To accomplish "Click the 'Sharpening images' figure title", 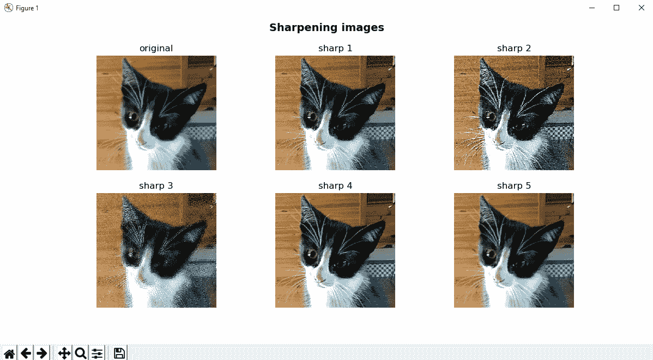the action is coord(326,27).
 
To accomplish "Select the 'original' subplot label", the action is coord(156,49).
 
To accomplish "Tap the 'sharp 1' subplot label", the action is coord(335,49).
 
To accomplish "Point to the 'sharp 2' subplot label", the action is coord(514,49).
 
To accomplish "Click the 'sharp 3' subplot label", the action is coord(156,186).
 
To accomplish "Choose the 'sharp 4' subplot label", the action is coord(335,186).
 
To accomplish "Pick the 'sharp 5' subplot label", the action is coord(514,186).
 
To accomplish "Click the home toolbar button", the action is coord(9,353).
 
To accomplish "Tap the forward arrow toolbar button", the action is coord(41,353).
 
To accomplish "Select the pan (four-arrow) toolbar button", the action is coord(64,353).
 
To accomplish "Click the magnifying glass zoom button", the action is coord(80,353).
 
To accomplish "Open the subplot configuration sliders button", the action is coord(97,353).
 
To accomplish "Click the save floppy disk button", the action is coord(119,353).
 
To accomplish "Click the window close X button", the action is coord(642,8).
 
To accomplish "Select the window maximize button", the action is coord(616,8).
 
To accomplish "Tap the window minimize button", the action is coord(592,8).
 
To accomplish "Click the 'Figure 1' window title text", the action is coord(27,8).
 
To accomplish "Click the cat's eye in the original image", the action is coord(133,116).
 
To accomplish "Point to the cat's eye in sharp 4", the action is coord(311,253).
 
